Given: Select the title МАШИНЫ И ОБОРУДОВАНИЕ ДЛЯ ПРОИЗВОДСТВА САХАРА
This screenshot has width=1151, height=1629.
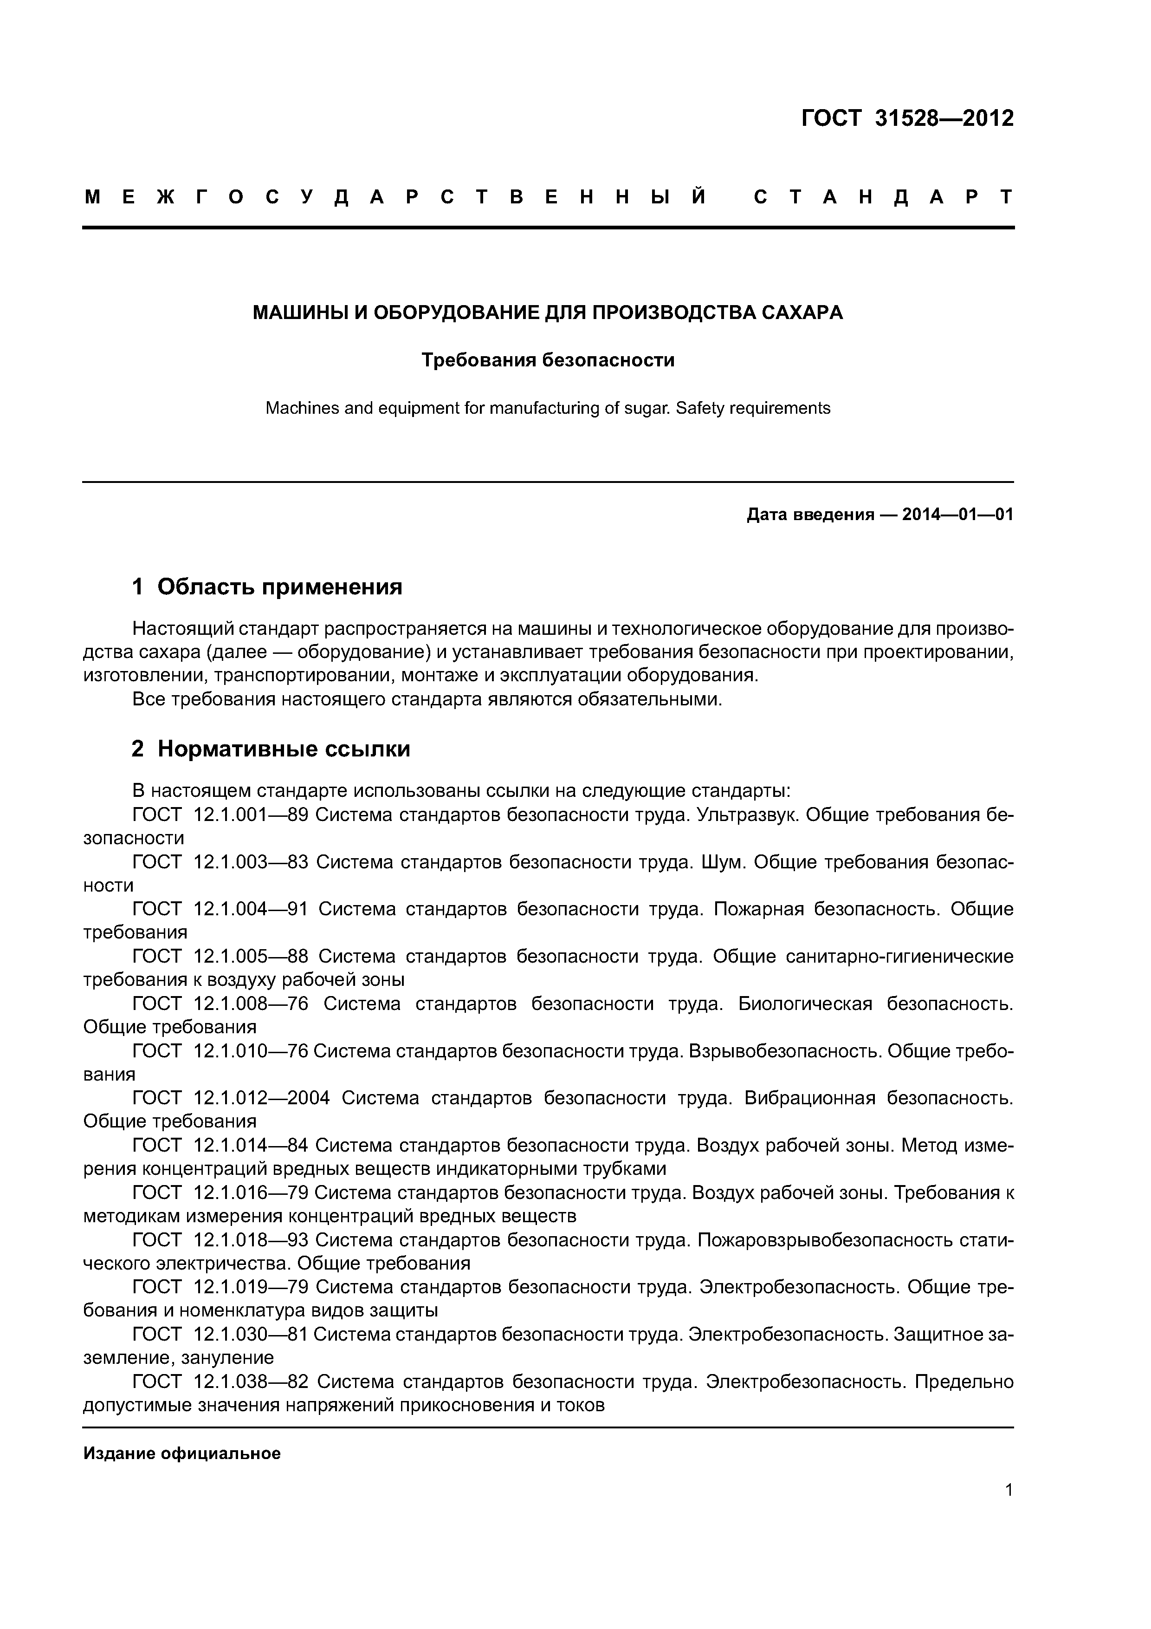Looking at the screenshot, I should tap(548, 313).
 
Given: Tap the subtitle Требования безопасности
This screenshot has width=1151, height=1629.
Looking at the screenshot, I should tap(548, 360).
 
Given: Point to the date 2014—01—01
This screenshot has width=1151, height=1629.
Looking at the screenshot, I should tap(957, 515).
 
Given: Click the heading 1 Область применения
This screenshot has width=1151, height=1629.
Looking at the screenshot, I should tap(267, 587).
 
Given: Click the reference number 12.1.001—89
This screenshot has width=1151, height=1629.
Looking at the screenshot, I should tap(250, 814).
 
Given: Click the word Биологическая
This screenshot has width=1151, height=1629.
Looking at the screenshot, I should tap(805, 1004).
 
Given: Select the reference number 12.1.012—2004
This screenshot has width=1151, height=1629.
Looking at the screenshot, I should tap(261, 1098).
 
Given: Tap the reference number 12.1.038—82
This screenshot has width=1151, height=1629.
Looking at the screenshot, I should tap(250, 1382).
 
